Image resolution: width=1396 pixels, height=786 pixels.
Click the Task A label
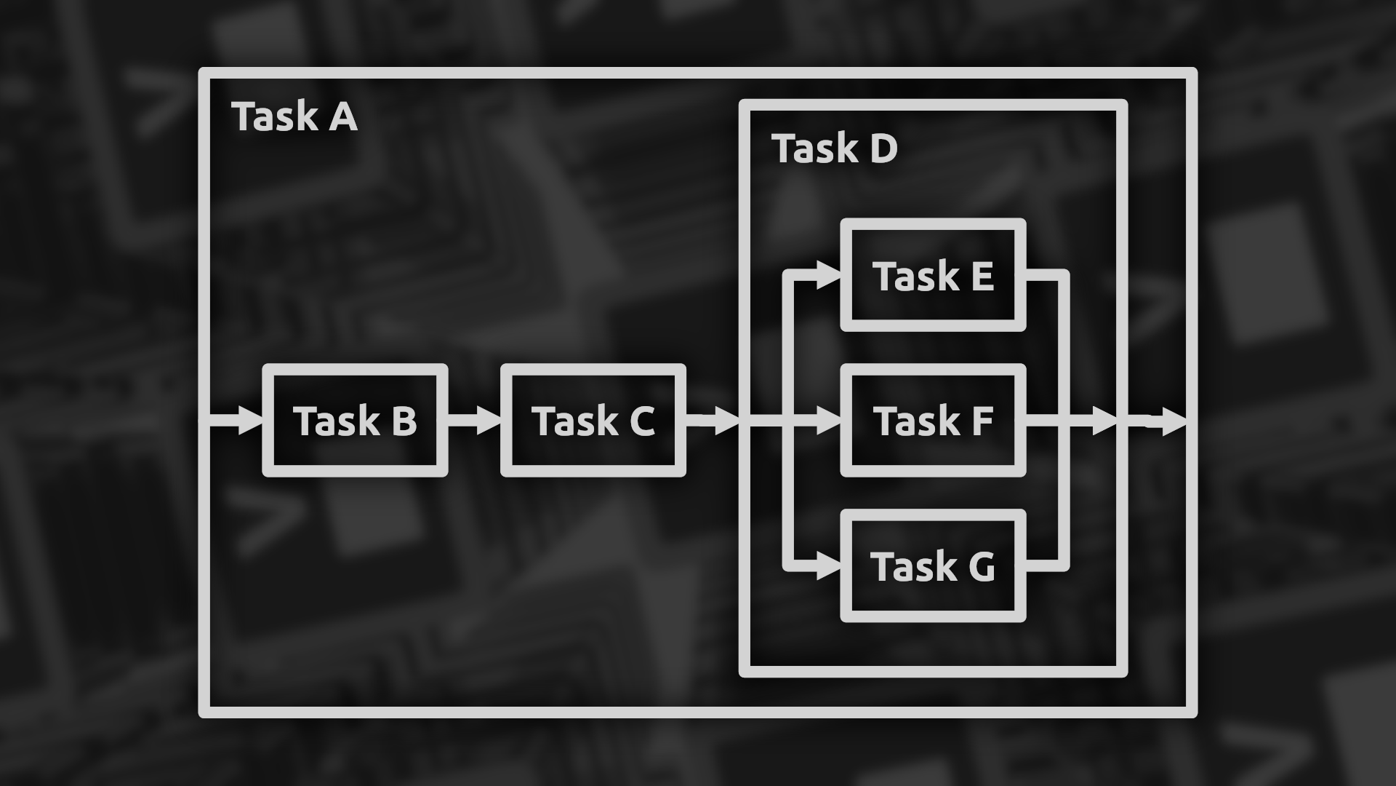pos(294,117)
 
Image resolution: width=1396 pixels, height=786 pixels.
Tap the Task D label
pos(835,149)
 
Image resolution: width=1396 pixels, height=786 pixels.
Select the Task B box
pos(355,421)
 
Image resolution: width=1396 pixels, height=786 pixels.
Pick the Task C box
pos(593,421)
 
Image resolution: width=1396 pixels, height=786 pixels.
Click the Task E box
pos(933,276)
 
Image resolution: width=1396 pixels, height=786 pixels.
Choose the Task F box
pos(933,421)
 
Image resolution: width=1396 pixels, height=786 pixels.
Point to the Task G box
pos(933,566)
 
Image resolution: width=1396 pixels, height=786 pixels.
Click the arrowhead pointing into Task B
pos(250,421)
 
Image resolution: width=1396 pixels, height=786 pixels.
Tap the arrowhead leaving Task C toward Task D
pos(726,421)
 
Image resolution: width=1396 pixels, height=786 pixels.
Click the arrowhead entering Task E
pos(827,275)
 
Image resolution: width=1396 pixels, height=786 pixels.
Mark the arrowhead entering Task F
pos(827,421)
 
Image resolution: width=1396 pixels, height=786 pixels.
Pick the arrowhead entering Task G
pos(827,566)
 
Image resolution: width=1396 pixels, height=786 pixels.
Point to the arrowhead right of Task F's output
pos(1104,421)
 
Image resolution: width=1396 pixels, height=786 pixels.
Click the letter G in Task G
pos(981,567)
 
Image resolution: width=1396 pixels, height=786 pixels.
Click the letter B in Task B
pos(403,421)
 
